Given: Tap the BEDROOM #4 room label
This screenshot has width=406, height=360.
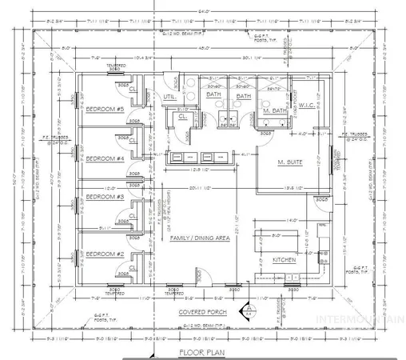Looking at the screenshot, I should point(102,158).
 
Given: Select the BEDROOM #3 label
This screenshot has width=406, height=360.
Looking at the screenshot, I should point(102,196).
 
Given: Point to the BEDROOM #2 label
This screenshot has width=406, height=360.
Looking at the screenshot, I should point(102,254).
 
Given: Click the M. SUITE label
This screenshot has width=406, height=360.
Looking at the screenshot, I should point(292,163).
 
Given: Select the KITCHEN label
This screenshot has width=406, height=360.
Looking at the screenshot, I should point(285,260).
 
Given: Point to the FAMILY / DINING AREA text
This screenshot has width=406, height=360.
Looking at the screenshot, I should point(203,238).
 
